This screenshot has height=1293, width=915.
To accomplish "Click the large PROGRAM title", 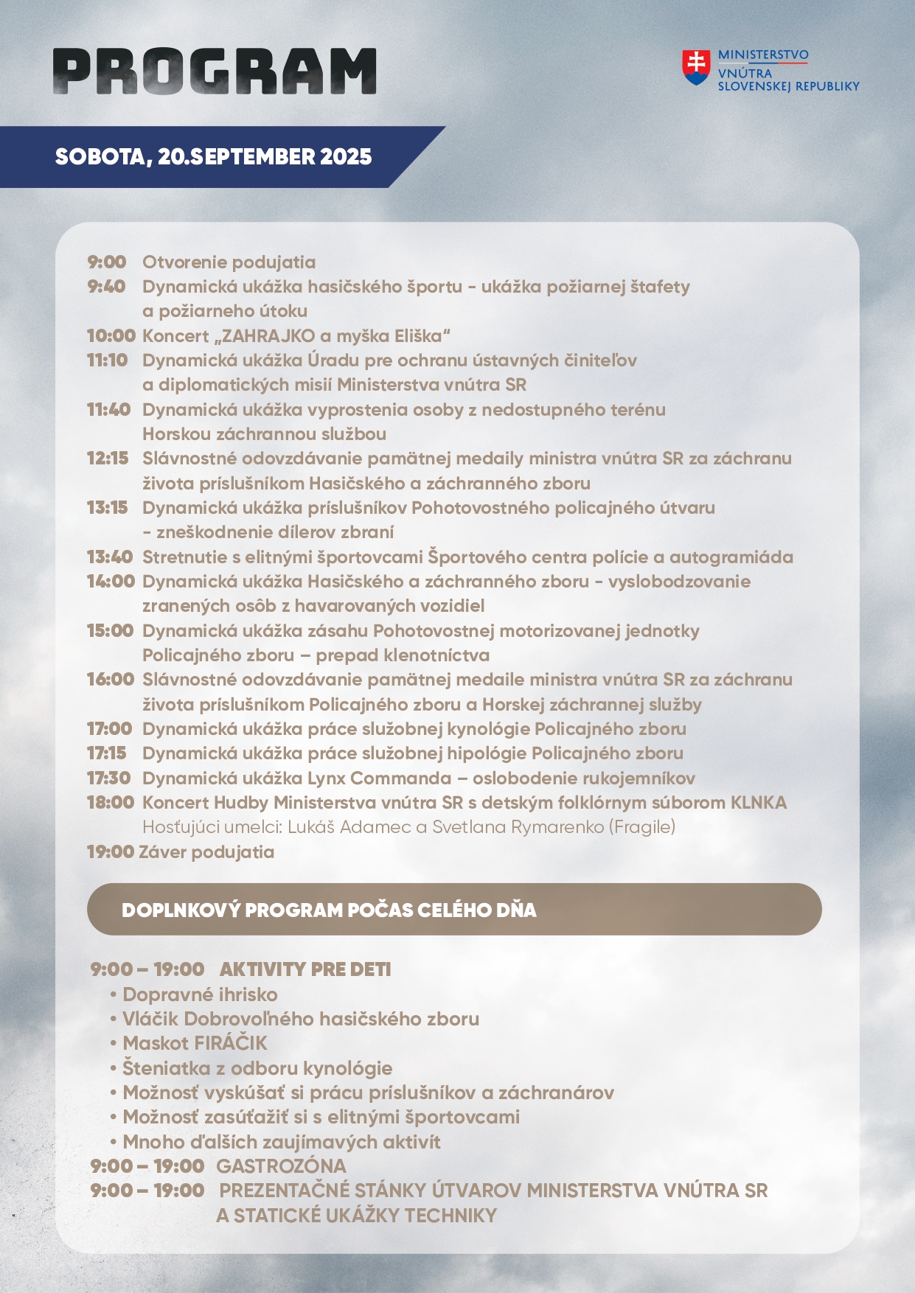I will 215,72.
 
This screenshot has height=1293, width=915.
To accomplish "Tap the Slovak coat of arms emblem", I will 695,67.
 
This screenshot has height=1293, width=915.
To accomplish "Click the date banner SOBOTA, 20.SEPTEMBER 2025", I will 214,157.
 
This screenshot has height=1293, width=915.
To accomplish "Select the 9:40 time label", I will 106,287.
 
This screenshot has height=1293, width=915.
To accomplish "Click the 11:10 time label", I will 108,360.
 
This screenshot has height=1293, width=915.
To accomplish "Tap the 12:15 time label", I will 108,459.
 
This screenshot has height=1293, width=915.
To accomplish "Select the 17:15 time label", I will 107,753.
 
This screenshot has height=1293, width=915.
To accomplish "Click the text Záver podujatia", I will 206,852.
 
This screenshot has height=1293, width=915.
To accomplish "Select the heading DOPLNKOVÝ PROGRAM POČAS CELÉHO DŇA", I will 329,910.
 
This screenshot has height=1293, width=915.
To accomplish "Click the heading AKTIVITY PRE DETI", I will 305,969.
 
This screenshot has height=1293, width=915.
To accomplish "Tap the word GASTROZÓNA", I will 281,1166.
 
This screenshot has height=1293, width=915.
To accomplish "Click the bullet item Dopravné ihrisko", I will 200,994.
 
